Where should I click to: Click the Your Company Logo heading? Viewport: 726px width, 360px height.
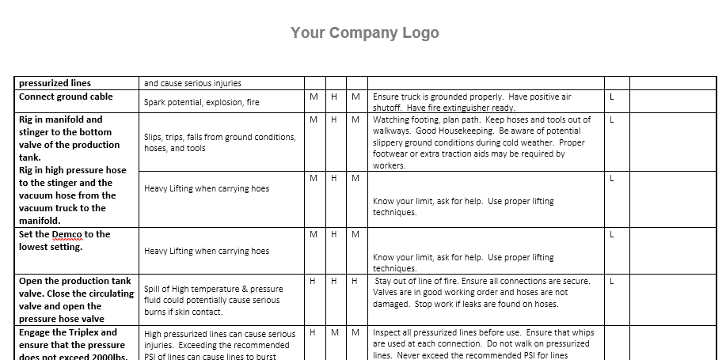click(x=364, y=32)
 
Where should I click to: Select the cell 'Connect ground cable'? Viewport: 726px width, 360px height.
click(x=66, y=97)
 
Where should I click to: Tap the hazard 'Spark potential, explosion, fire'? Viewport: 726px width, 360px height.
click(x=201, y=102)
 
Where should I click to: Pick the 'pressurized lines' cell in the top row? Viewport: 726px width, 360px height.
click(x=55, y=82)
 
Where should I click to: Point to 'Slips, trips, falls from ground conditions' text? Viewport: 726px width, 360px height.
click(x=219, y=137)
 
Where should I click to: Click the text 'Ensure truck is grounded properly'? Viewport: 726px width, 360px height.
click(x=439, y=97)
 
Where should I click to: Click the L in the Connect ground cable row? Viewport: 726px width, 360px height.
click(x=611, y=97)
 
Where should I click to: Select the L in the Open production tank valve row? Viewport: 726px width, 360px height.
click(x=611, y=281)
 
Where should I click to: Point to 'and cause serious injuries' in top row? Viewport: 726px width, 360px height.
click(x=192, y=82)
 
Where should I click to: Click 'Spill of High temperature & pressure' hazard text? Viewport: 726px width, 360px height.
click(x=213, y=289)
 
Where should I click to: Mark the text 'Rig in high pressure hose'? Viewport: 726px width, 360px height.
click(x=72, y=170)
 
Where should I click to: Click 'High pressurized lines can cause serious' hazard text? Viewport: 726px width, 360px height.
click(x=219, y=334)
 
